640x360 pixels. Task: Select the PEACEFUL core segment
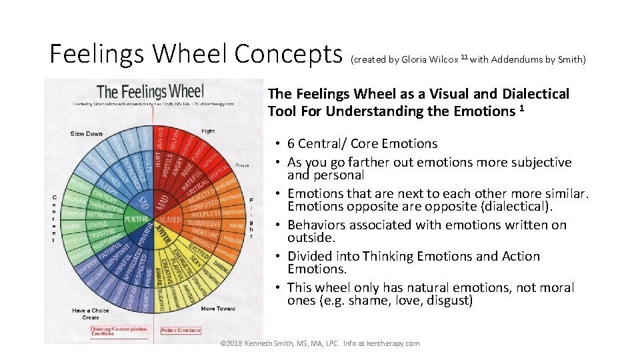click(x=135, y=218)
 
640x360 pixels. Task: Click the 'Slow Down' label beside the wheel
click(x=87, y=134)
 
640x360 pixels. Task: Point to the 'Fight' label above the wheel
click(x=208, y=131)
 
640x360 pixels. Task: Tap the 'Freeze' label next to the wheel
click(x=243, y=165)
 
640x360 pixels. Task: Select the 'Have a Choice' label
click(x=91, y=311)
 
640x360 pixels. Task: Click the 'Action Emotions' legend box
click(x=181, y=330)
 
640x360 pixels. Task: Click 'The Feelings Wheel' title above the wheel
click(x=150, y=91)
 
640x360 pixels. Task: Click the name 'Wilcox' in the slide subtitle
click(x=442, y=59)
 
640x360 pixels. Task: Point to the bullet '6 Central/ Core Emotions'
click(x=362, y=143)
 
